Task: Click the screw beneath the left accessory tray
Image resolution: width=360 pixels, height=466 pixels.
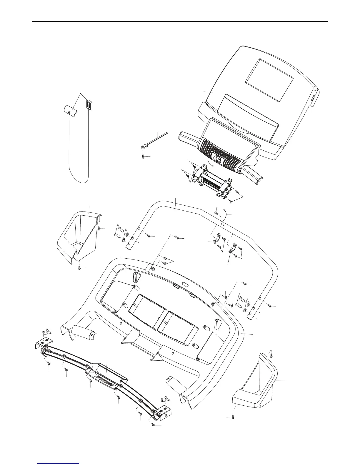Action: click(79, 268)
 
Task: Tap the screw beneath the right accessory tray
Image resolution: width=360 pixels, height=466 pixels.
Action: click(233, 417)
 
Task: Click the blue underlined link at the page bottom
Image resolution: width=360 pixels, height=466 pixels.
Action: click(59, 463)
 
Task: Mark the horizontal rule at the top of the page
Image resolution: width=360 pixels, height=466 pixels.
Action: click(180, 21)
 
